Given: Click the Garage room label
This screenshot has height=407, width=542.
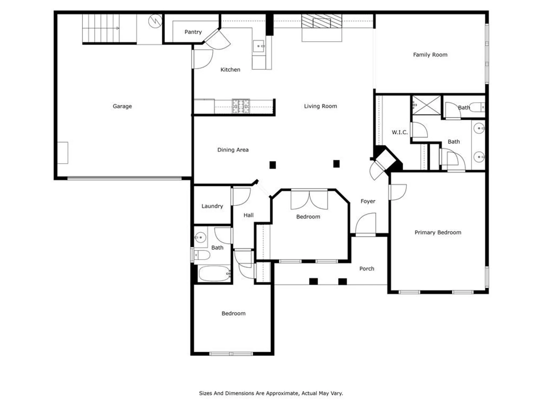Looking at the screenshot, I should pos(122,106).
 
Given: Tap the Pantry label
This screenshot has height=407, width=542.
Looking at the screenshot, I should pos(193,32).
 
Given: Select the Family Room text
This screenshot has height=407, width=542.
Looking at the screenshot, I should pos(430,55).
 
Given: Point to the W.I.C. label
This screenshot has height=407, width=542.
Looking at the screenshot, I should pos(399,132).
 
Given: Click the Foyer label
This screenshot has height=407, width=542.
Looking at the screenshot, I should pos(368,201).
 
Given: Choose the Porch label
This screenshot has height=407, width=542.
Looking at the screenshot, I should pos(367,269).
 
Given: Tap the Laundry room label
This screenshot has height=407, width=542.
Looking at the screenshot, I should pos(212,206).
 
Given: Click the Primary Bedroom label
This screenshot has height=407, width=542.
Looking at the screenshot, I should pos(438,233).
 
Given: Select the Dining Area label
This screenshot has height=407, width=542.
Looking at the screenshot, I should pos(233,150).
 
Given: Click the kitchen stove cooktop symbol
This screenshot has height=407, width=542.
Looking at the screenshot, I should pos(241,106).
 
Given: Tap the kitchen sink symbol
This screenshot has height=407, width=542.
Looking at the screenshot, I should pos(259,46).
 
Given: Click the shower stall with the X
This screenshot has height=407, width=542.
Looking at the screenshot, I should pos(427,105).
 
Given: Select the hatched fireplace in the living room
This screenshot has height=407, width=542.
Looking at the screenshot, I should pos(322,21).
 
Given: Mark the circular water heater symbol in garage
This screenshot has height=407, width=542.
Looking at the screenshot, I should pos(155,21).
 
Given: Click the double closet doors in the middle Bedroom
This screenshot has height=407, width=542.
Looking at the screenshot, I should pos(309,200).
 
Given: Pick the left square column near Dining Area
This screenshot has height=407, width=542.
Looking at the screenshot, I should pos(273,165).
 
